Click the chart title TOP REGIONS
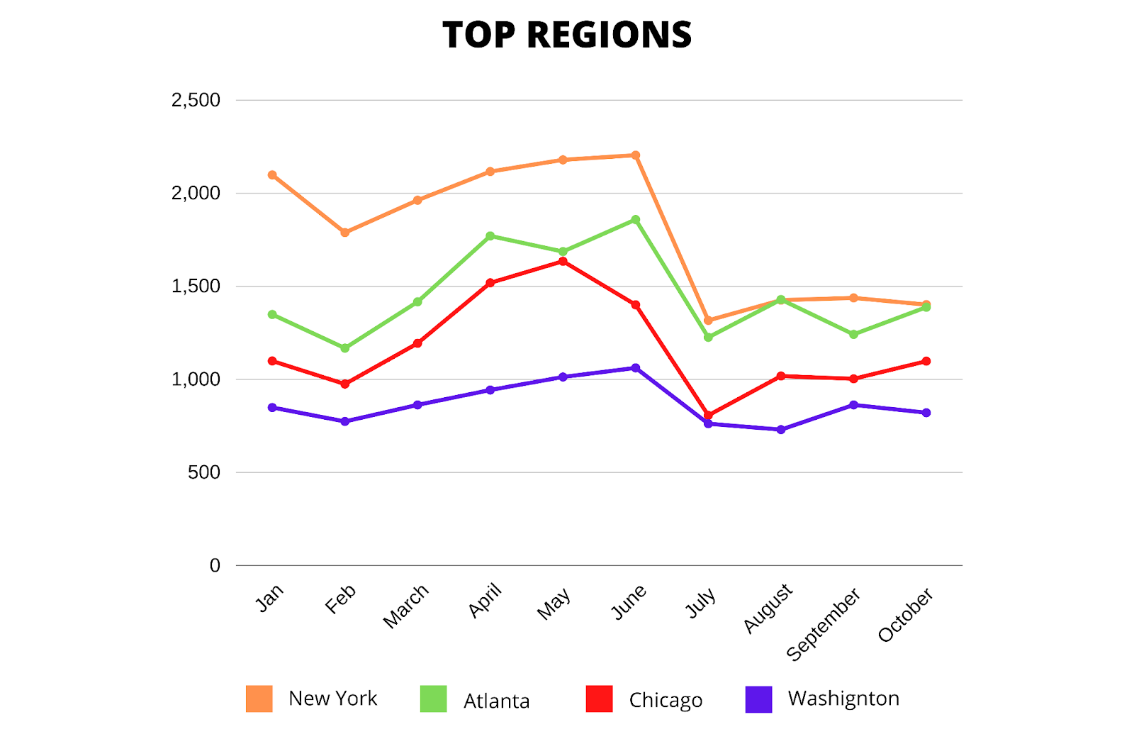(567, 35)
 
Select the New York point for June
(636, 155)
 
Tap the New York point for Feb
(345, 233)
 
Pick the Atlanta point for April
(490, 236)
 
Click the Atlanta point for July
(708, 338)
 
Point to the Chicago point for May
(563, 262)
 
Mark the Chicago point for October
(926, 362)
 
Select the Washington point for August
(781, 430)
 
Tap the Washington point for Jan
(272, 408)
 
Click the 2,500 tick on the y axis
(196, 101)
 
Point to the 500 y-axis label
(204, 472)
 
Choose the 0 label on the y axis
(215, 566)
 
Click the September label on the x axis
(824, 624)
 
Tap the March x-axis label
(406, 606)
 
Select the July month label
(701, 603)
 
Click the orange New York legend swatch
(259, 699)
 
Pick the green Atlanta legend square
(434, 699)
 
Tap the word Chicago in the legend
(666, 701)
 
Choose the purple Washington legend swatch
(758, 699)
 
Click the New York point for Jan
(272, 175)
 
